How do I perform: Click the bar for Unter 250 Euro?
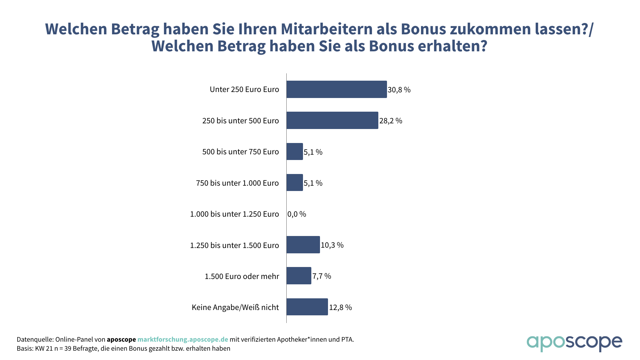(x=337, y=89)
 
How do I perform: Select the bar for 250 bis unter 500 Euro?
(x=332, y=120)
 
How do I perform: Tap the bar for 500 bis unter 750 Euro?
(x=295, y=152)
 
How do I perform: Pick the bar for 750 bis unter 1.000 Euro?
(x=295, y=183)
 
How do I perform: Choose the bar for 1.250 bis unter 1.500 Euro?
(x=303, y=245)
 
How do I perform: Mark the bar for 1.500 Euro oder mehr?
(x=299, y=276)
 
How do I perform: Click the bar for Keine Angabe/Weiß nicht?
(x=307, y=307)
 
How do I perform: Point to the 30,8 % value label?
(x=399, y=90)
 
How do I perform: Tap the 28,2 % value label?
(x=391, y=121)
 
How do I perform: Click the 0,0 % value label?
(x=297, y=214)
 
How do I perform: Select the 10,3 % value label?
(x=332, y=245)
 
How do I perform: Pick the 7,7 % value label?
(x=322, y=276)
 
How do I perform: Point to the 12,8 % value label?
(x=340, y=307)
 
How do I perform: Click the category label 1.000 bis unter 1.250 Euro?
(x=234, y=214)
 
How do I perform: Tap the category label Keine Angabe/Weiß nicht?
(x=235, y=307)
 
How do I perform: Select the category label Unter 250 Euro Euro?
(x=244, y=89)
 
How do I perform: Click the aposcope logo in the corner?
(x=574, y=343)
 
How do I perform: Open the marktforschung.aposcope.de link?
(x=183, y=339)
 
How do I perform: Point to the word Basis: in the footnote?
(x=25, y=349)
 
